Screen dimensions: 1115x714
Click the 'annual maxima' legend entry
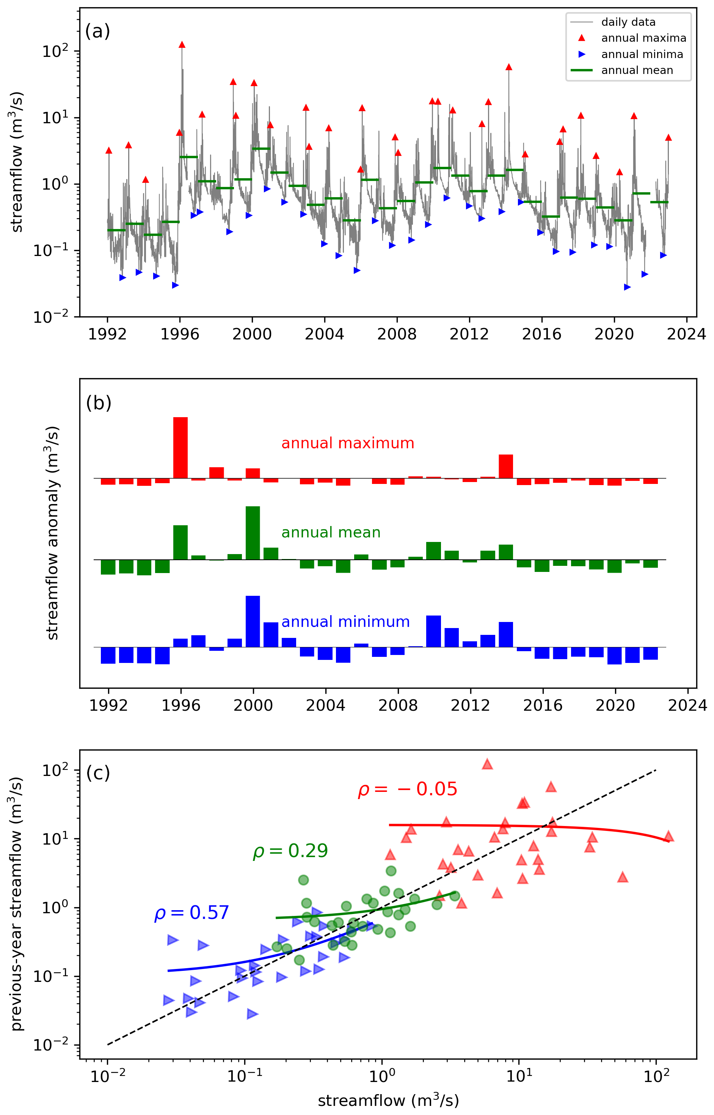(643, 38)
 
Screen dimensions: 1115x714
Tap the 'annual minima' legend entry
(642, 54)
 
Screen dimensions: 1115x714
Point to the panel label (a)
(97, 31)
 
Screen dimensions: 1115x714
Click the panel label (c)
(98, 773)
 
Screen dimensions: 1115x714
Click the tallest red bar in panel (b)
(180, 448)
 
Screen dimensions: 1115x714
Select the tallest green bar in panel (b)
(253, 533)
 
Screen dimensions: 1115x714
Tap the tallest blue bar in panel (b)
(253, 621)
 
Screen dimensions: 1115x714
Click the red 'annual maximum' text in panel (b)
(347, 443)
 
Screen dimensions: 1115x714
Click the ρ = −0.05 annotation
(407, 789)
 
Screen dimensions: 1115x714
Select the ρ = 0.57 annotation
(191, 913)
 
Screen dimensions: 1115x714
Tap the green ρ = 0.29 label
(290, 851)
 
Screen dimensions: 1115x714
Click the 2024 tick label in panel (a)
(686, 334)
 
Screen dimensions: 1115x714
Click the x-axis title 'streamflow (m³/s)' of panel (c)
(388, 1101)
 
